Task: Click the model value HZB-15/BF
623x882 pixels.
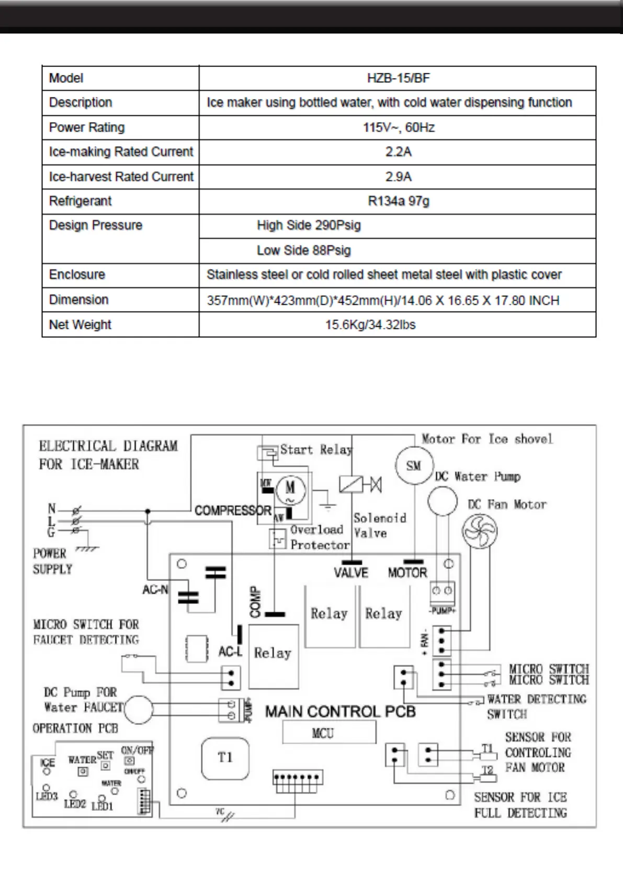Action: [398, 79]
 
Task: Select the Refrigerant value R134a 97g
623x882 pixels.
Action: [398, 201]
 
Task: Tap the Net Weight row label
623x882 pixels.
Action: [80, 325]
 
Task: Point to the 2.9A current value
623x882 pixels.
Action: [398, 177]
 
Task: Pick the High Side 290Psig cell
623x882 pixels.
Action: [309, 226]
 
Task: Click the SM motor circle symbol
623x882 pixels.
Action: [413, 466]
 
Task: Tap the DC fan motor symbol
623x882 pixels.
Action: [479, 532]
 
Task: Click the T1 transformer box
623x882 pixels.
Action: [225, 758]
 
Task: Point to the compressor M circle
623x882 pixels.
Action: [290, 488]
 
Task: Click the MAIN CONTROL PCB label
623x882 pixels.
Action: [340, 712]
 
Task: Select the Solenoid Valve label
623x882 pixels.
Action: [379, 525]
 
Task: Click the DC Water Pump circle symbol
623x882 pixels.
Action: [443, 501]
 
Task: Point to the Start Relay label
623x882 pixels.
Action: [316, 450]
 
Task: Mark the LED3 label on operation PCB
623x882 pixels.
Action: [47, 797]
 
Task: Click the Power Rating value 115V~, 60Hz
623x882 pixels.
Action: [398, 128]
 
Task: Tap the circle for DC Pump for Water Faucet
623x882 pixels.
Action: [138, 710]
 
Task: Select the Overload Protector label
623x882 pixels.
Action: [319, 537]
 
